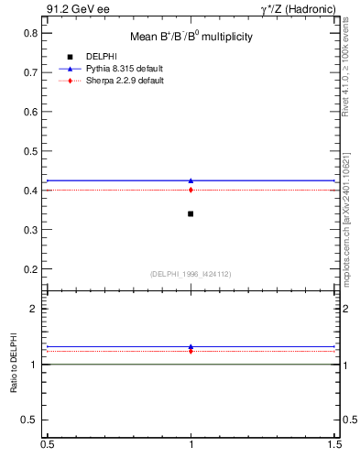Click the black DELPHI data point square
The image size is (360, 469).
[191, 213]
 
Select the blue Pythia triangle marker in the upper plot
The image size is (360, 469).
[191, 180]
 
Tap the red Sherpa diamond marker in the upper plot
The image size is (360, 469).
[191, 190]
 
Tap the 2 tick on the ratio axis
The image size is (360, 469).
[38, 309]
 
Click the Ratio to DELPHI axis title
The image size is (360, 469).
[14, 364]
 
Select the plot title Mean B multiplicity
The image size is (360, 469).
[191, 37]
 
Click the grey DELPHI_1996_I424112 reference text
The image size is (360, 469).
[191, 273]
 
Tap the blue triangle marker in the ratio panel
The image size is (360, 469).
[191, 347]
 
